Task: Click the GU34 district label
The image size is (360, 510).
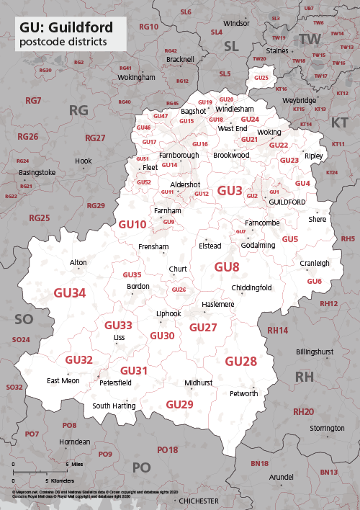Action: click(x=70, y=292)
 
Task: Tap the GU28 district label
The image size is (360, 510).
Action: click(x=240, y=361)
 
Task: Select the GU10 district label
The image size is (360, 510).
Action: click(x=132, y=225)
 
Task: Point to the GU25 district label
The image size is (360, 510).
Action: click(x=261, y=78)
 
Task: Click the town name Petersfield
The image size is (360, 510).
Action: click(x=115, y=383)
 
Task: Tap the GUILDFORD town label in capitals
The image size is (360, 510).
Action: click(x=287, y=202)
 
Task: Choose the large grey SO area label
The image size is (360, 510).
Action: click(x=24, y=318)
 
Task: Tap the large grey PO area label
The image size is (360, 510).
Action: click(x=141, y=467)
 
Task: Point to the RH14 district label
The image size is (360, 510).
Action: click(x=277, y=330)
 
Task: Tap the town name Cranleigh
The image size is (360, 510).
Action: click(x=315, y=264)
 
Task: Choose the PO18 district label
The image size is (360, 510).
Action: click(x=167, y=450)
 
